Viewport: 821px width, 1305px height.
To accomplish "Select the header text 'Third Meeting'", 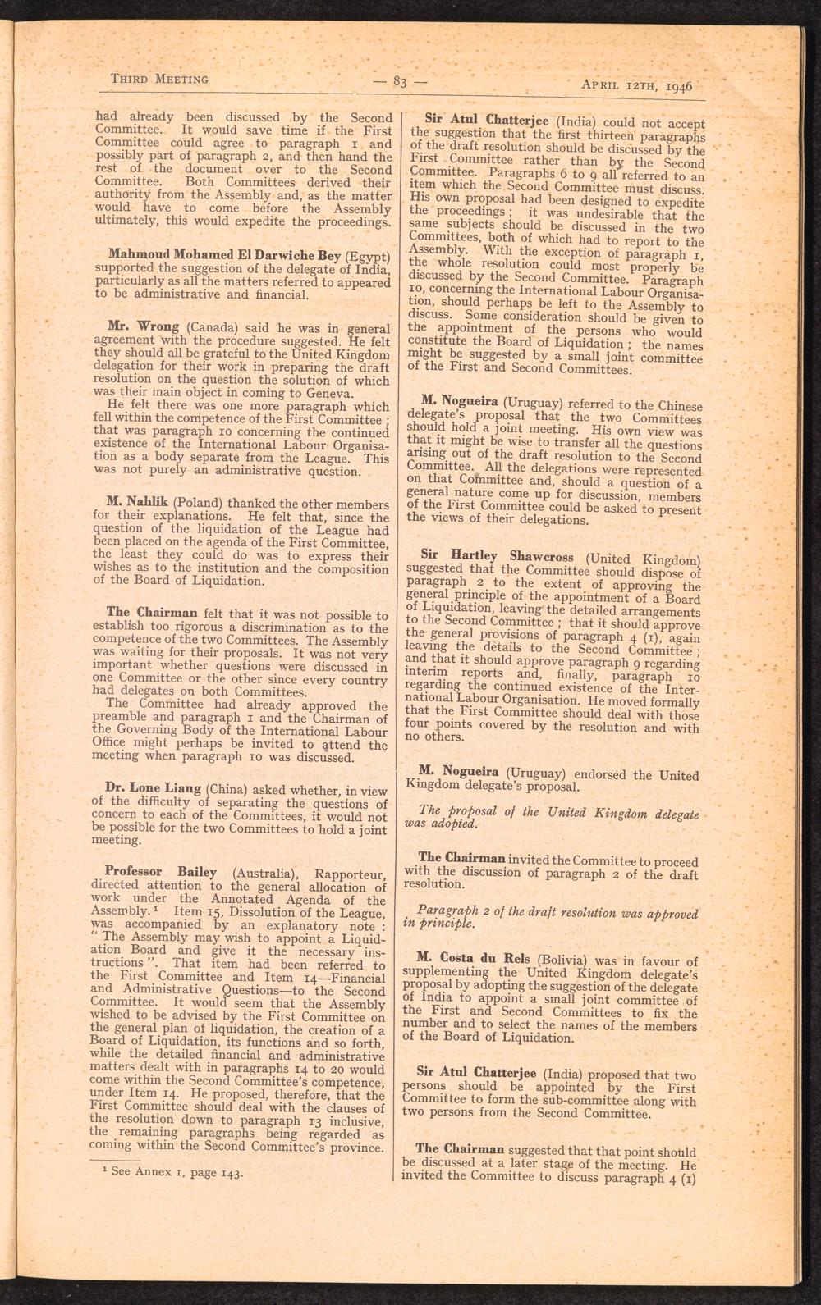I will (158, 79).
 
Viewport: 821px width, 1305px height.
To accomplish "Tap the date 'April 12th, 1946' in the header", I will (637, 84).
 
